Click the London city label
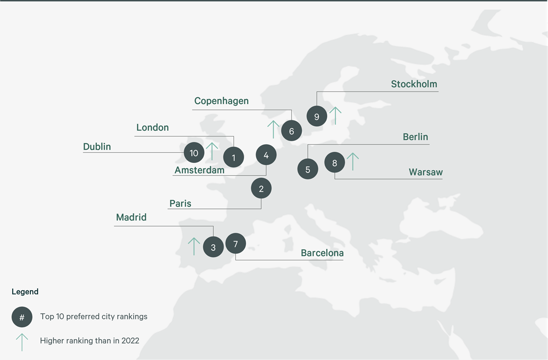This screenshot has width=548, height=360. [x=152, y=128]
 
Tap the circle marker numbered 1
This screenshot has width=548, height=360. [x=234, y=157]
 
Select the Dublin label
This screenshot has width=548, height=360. [x=97, y=147]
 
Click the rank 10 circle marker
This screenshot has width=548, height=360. [x=194, y=153]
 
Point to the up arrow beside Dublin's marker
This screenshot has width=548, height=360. [x=212, y=151]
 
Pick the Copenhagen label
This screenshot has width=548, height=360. [x=221, y=101]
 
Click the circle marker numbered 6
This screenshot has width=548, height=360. [x=292, y=131]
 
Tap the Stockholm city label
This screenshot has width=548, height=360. [x=413, y=84]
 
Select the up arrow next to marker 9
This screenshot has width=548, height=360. [x=335, y=115]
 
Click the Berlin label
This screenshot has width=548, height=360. [x=415, y=137]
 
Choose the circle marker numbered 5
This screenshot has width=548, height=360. [x=308, y=170]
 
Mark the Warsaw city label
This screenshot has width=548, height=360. [x=426, y=172]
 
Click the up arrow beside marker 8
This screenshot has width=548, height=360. [x=352, y=161]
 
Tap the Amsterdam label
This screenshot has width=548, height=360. [x=199, y=170]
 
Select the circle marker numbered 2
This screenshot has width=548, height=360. [x=261, y=188]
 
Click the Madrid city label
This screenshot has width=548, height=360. [x=131, y=217]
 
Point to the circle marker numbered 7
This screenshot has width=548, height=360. [x=235, y=243]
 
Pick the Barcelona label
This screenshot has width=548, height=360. [x=322, y=253]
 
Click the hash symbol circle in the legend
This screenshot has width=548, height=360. [x=22, y=317]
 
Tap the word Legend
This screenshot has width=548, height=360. [x=25, y=292]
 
